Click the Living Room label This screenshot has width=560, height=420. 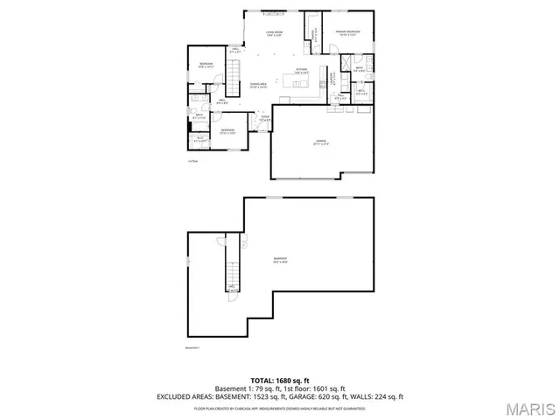click(x=274, y=33)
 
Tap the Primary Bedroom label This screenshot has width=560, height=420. click(x=348, y=32)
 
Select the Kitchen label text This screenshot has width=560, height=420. click(x=300, y=70)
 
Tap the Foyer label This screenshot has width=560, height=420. click(x=265, y=117)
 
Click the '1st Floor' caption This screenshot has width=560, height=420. click(x=192, y=161)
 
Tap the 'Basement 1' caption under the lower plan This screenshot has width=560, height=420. click(x=192, y=347)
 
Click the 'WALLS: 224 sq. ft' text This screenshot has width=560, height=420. click(x=377, y=396)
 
